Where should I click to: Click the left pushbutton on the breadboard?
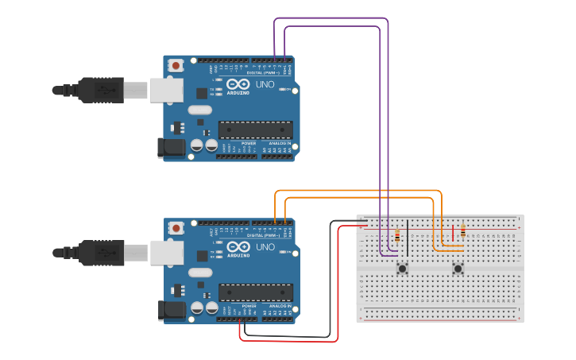click(403, 269)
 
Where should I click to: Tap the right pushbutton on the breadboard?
click(458, 269)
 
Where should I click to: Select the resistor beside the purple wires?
click(397, 235)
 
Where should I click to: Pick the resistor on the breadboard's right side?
click(462, 231)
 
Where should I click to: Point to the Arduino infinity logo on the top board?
click(238, 84)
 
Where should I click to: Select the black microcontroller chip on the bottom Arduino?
click(255, 292)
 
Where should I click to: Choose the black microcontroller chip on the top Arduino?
click(255, 129)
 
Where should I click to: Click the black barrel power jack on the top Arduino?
click(171, 147)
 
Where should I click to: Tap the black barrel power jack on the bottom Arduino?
click(171, 310)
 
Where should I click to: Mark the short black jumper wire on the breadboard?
click(407, 232)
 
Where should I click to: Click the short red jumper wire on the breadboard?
click(453, 232)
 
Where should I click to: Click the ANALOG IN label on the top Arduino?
click(280, 143)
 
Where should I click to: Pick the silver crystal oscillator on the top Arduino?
click(200, 110)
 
